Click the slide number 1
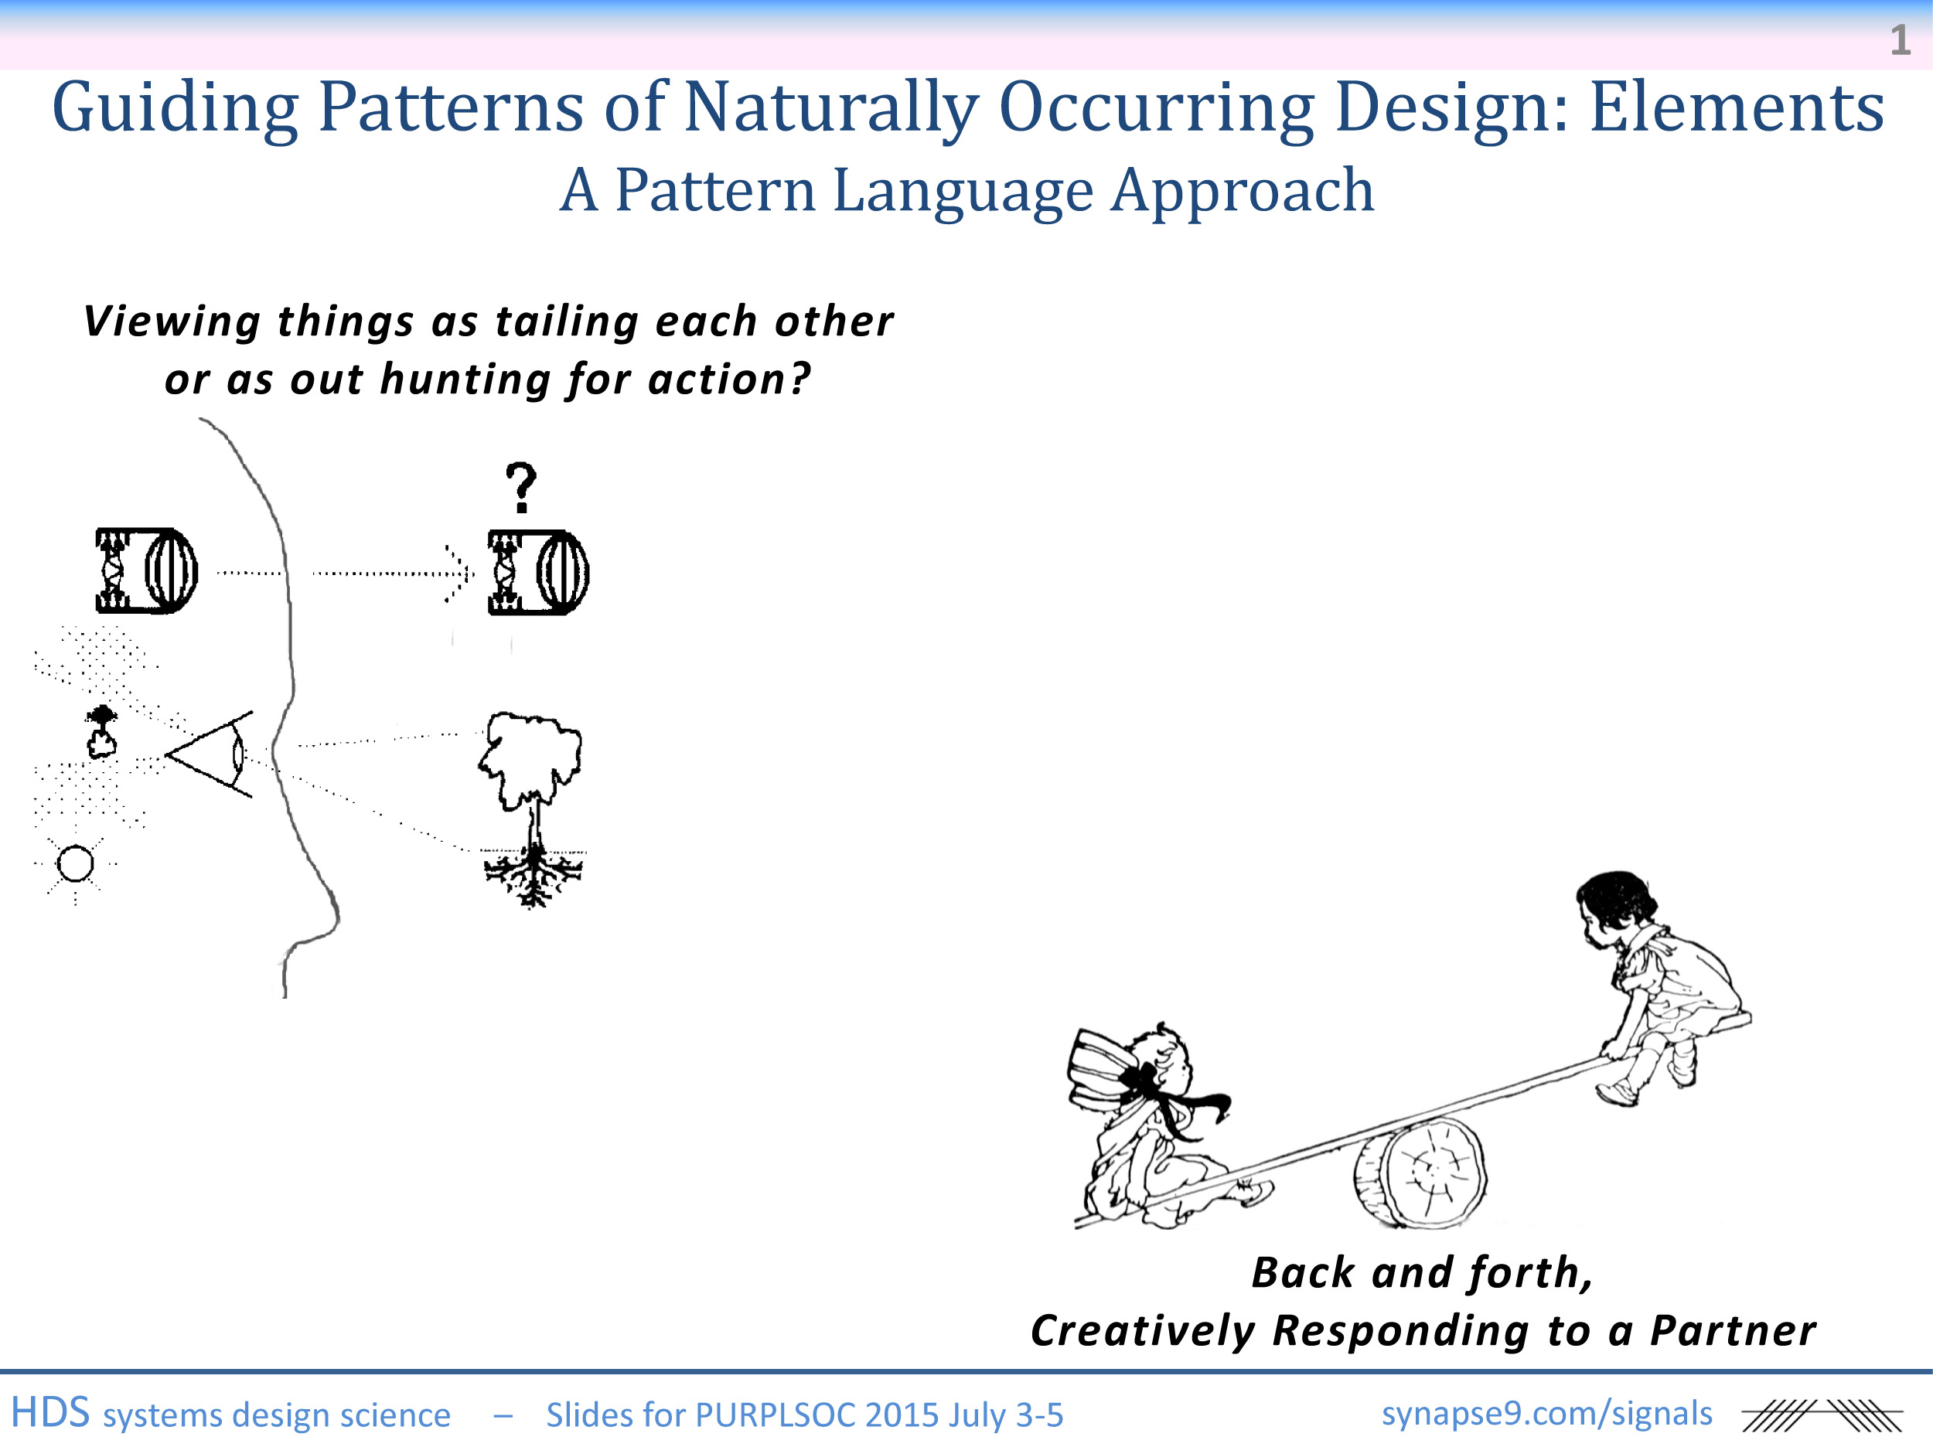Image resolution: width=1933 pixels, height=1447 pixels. (x=1900, y=40)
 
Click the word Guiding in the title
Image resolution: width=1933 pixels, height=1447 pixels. (x=175, y=109)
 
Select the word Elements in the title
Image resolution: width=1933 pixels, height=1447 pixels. (x=1737, y=107)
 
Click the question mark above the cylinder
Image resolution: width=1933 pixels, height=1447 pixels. (x=522, y=488)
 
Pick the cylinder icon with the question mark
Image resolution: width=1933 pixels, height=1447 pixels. (x=538, y=572)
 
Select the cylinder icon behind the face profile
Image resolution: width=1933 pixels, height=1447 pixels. (x=147, y=570)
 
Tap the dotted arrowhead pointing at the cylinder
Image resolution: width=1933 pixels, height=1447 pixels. (x=459, y=574)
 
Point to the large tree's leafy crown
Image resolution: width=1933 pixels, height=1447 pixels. (x=530, y=758)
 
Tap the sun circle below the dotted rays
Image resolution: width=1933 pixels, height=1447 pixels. (x=75, y=864)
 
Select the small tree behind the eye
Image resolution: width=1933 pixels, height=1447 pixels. (x=102, y=730)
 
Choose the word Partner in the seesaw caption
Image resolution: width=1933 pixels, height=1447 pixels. (x=1733, y=1330)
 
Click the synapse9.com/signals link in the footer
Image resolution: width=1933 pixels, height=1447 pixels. (x=1546, y=1413)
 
